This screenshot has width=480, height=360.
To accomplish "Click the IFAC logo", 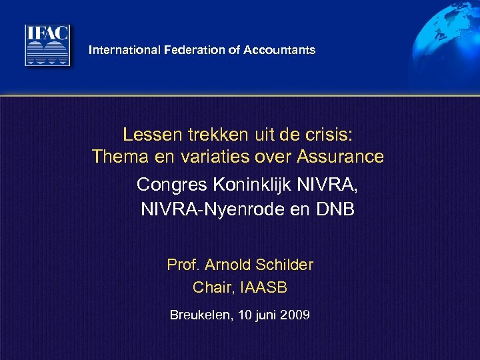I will click(47, 45).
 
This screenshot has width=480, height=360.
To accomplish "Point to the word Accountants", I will click(279, 50).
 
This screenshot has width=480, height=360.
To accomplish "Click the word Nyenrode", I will click(246, 210).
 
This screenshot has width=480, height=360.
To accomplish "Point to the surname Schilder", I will click(281, 265).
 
